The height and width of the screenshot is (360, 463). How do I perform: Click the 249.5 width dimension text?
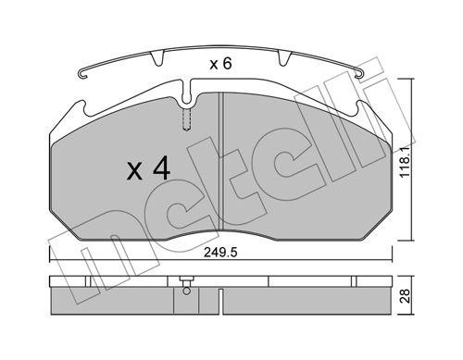[x=220, y=253]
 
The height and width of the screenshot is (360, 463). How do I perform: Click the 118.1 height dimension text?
[x=405, y=162]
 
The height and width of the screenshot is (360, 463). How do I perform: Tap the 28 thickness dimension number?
[x=405, y=296]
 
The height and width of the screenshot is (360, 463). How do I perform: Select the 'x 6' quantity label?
[x=220, y=64]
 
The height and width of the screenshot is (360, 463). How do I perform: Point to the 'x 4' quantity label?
[x=148, y=168]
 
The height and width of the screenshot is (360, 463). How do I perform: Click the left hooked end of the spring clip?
[x=82, y=74]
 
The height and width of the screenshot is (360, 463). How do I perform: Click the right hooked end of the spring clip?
[x=359, y=74]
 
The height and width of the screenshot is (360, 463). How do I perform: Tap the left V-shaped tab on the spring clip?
[x=157, y=58]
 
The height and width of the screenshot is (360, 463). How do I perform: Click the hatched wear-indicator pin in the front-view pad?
[x=186, y=119]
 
